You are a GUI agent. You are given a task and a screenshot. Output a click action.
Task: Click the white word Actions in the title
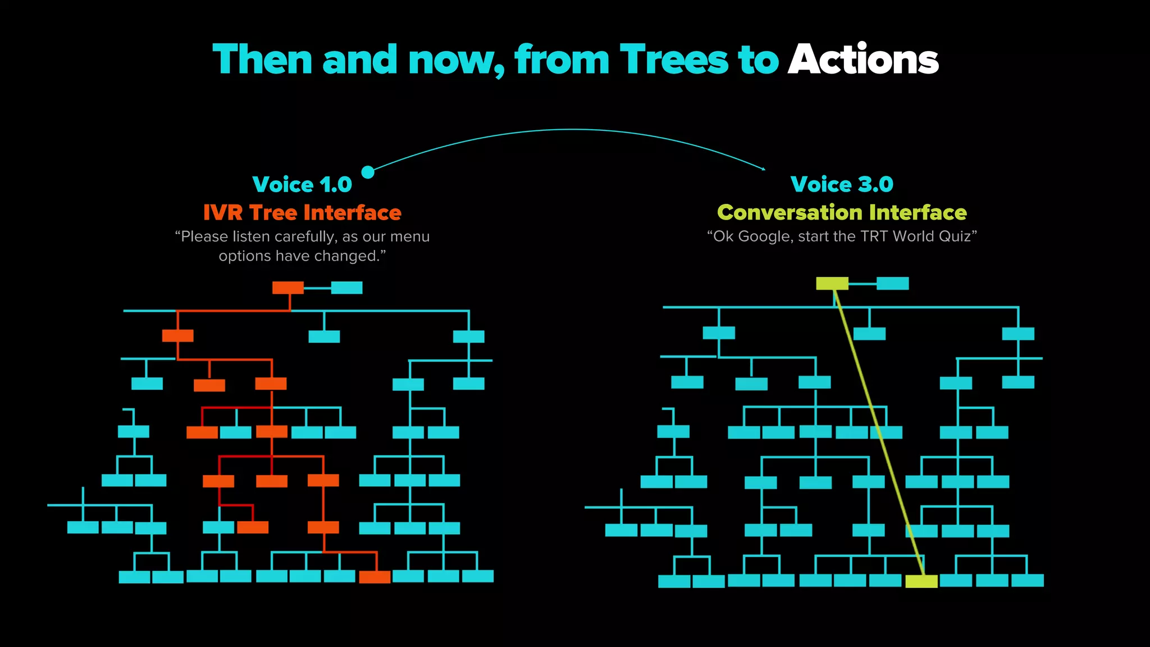[x=863, y=60]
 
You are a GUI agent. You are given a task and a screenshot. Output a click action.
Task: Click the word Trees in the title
[x=674, y=60]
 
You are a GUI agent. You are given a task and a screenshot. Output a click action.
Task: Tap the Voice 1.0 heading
[x=302, y=185]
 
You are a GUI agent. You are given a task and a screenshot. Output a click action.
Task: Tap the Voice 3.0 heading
[x=842, y=184]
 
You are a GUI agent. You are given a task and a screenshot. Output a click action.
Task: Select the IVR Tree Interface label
[x=302, y=213]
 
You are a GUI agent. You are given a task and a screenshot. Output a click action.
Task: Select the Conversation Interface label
[x=842, y=213]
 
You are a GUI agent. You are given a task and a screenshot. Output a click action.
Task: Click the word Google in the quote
[x=764, y=236]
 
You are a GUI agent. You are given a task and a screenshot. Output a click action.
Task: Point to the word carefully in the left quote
[x=305, y=236]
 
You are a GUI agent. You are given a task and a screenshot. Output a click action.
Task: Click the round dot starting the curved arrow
[x=368, y=172]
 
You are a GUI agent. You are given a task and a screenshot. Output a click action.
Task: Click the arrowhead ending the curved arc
[x=763, y=168]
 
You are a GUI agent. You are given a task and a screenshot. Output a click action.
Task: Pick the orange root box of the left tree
[x=288, y=288]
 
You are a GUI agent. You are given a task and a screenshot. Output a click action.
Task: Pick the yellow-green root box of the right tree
[x=832, y=284]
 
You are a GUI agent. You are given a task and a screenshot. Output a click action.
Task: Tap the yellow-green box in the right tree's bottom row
[x=921, y=581]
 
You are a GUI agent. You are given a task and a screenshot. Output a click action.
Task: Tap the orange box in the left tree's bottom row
[x=375, y=577]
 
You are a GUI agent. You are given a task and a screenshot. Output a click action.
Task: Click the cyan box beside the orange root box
[x=346, y=288]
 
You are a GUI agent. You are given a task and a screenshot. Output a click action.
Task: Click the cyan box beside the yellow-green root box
[x=892, y=284]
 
